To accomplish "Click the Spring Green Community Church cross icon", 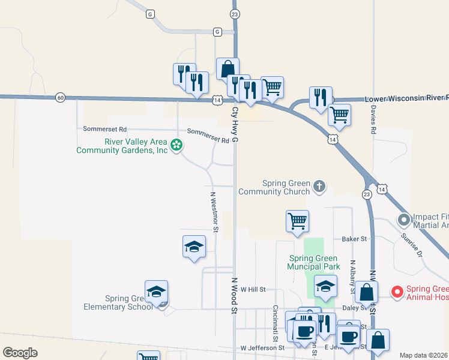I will [x=319, y=187].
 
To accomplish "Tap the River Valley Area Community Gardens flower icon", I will [x=176, y=145].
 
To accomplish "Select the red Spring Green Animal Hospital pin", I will [x=397, y=292].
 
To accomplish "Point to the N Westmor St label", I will [x=214, y=211].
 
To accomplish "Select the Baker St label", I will [x=354, y=239].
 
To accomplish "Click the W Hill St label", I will [x=253, y=289].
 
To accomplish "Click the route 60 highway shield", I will [x=59, y=97].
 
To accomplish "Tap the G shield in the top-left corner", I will [x=149, y=13].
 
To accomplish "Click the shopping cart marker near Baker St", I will [x=297, y=221].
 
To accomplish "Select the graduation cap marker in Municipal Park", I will [x=326, y=287].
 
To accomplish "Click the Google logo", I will [x=20, y=353].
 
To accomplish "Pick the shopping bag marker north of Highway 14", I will [x=228, y=68].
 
